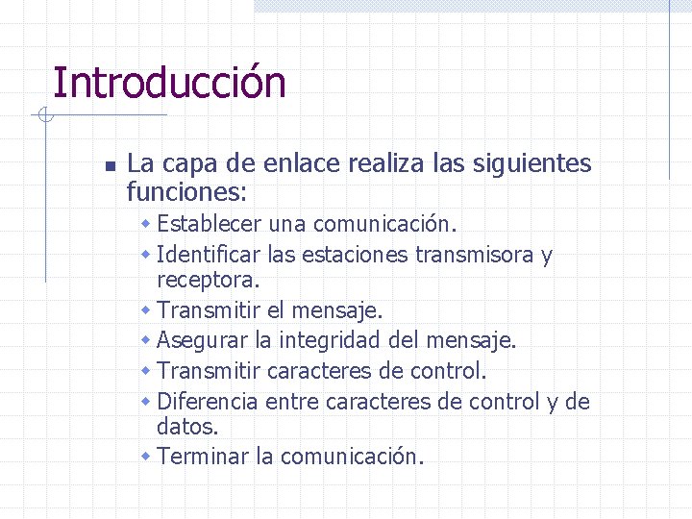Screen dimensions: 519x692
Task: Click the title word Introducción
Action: (x=169, y=83)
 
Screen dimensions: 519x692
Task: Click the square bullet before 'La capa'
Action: (x=110, y=166)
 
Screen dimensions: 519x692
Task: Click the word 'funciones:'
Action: (x=187, y=192)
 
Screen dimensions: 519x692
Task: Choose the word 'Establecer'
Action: (x=210, y=224)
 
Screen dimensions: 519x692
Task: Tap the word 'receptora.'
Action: (x=208, y=281)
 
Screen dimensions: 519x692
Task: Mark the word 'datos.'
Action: (x=187, y=426)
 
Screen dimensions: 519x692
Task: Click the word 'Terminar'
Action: (x=203, y=456)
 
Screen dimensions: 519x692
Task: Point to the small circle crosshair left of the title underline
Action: (x=43, y=116)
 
